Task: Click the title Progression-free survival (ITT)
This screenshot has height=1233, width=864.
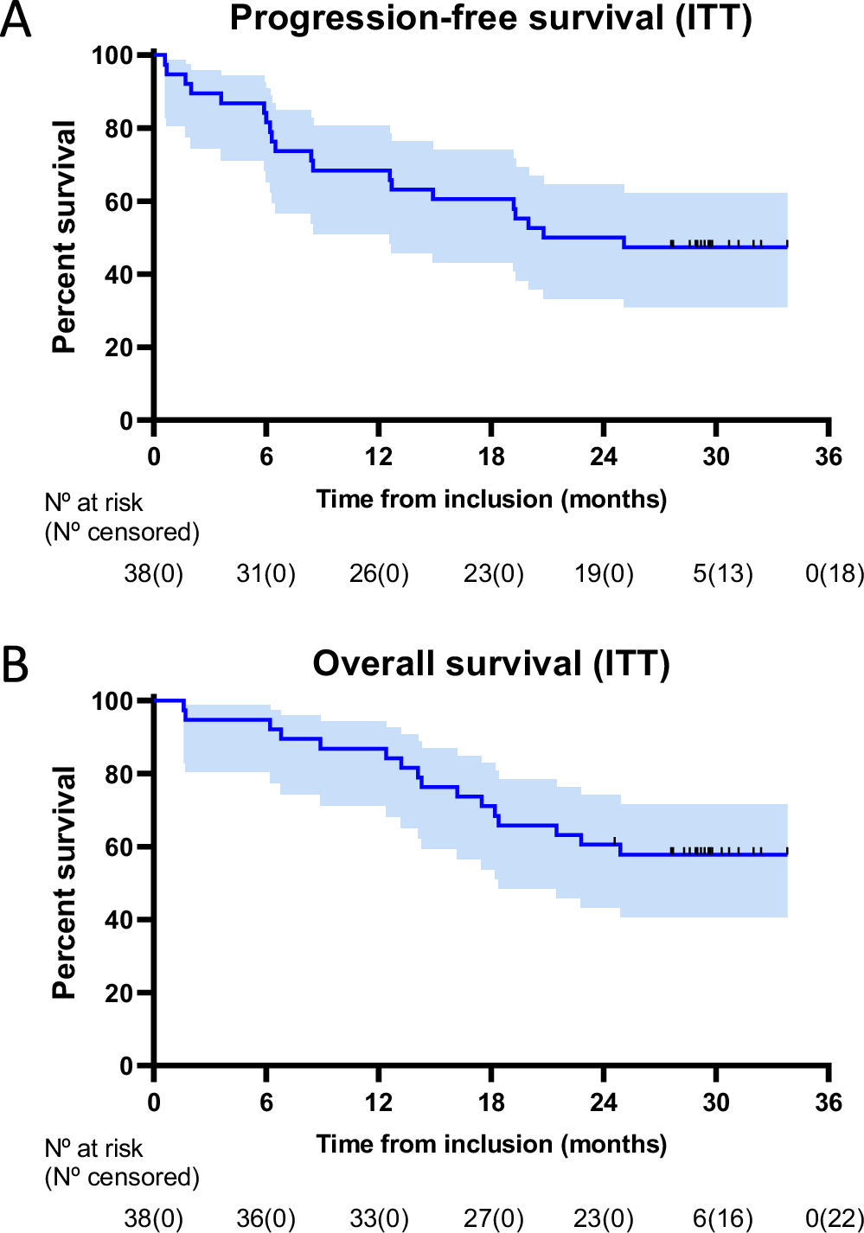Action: tap(490, 19)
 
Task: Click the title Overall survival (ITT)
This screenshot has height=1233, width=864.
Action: tap(490, 664)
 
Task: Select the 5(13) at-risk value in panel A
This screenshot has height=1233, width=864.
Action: tap(722, 573)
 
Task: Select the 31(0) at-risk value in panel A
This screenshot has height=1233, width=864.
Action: tap(266, 573)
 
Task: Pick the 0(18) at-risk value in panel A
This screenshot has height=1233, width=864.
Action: tap(834, 573)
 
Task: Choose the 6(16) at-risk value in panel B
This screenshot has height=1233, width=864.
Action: tap(722, 1218)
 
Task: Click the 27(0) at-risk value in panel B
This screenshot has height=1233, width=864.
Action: tap(493, 1218)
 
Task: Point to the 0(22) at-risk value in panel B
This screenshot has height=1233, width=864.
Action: tap(834, 1218)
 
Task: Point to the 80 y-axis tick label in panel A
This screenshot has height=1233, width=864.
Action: tap(118, 129)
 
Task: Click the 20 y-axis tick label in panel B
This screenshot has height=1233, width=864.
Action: tap(118, 993)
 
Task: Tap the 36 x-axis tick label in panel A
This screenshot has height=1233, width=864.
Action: tap(828, 457)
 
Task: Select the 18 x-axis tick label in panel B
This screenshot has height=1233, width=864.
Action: tap(491, 1102)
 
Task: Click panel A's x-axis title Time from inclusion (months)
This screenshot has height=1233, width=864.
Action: tap(491, 500)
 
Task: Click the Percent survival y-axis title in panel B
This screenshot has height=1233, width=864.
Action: tap(65, 882)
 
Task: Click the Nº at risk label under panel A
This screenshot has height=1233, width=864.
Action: tap(93, 502)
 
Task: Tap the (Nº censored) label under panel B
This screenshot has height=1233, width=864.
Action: tap(122, 1177)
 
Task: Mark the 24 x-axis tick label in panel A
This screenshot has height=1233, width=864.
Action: tap(604, 457)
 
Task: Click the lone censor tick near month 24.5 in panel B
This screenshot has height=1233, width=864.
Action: tap(614, 840)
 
